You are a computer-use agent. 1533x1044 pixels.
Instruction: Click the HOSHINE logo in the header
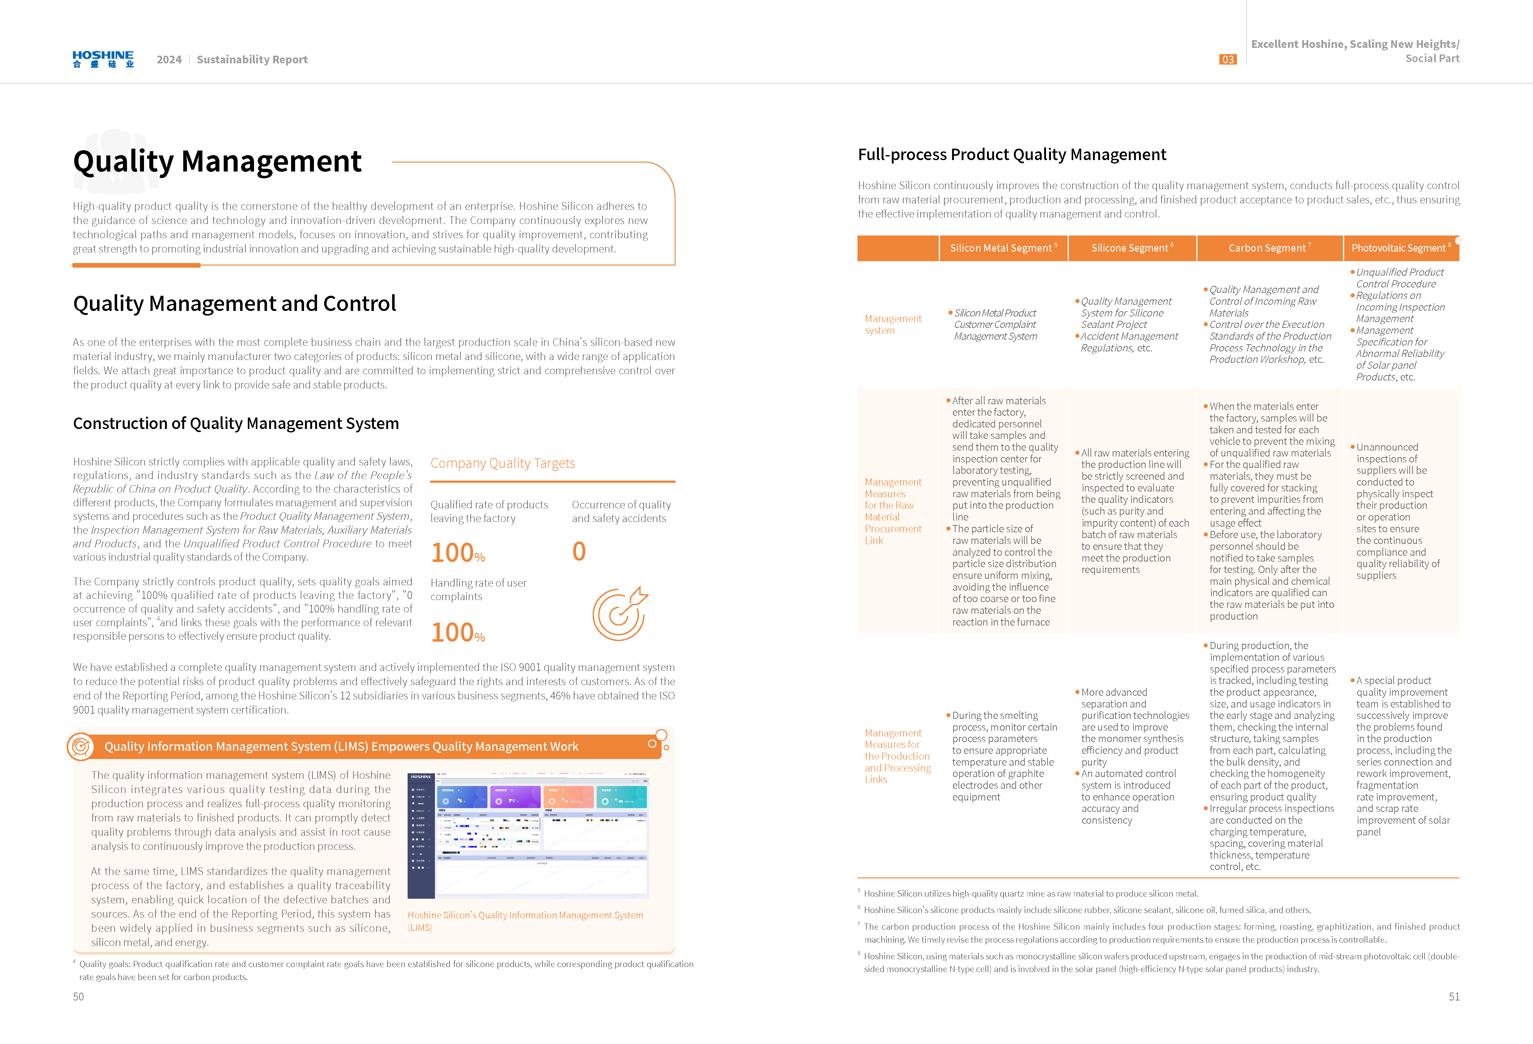click(x=103, y=59)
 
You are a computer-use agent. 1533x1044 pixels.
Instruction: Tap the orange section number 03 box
click(x=1227, y=59)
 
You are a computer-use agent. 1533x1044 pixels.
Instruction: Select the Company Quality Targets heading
click(x=503, y=463)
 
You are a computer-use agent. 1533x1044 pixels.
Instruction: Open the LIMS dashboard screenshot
click(x=528, y=835)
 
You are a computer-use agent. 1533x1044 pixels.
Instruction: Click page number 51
click(x=1454, y=996)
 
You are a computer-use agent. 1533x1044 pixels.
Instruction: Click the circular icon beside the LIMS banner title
click(x=80, y=746)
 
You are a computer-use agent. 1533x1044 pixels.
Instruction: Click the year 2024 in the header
click(x=169, y=59)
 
